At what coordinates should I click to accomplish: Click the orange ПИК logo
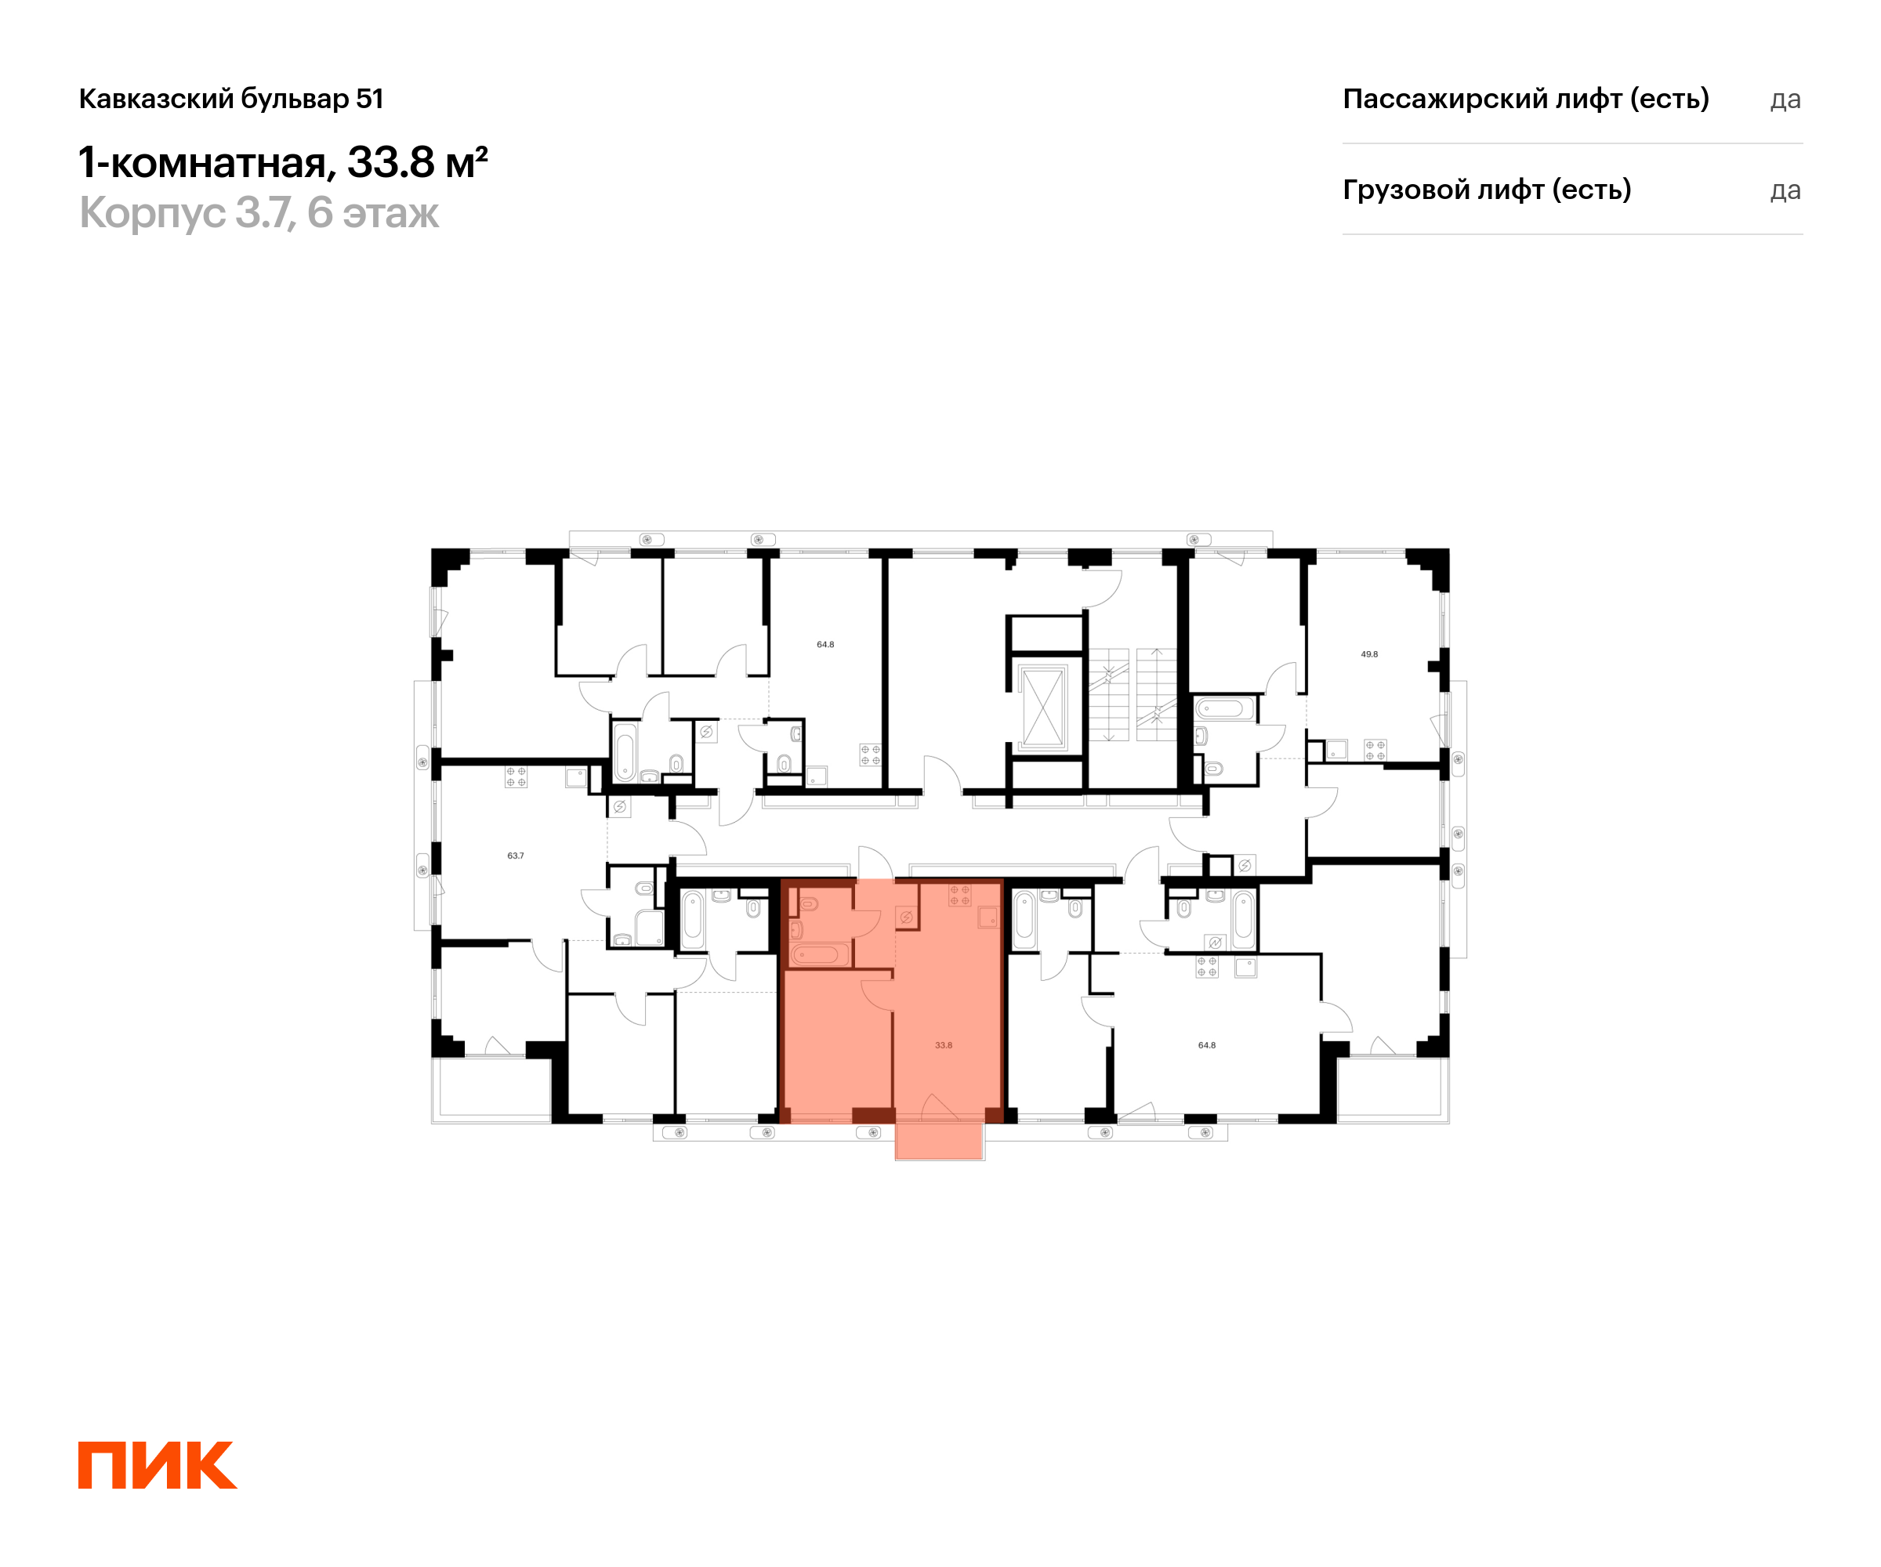point(158,1465)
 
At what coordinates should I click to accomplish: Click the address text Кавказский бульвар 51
point(231,99)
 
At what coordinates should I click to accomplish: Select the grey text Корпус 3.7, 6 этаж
point(259,213)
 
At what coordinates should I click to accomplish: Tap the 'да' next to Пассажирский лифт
point(1785,100)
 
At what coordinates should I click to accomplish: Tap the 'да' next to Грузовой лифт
point(1785,190)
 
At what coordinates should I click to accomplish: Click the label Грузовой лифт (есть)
point(1487,190)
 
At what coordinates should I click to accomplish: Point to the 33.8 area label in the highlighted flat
point(943,1045)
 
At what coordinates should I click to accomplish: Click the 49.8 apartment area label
point(1368,654)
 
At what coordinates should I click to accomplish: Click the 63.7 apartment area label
point(515,856)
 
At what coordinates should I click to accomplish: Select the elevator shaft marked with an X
point(1042,708)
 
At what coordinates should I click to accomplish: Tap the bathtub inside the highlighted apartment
point(819,954)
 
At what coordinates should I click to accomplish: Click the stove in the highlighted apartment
point(959,896)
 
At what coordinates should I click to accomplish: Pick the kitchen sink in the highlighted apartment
point(988,917)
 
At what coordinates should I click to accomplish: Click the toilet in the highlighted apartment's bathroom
point(808,904)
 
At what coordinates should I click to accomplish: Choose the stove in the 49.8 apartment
point(1375,751)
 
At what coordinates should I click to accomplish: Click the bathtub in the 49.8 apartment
point(1224,709)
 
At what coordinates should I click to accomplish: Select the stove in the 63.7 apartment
point(516,776)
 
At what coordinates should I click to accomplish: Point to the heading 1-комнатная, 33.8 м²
point(283,162)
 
